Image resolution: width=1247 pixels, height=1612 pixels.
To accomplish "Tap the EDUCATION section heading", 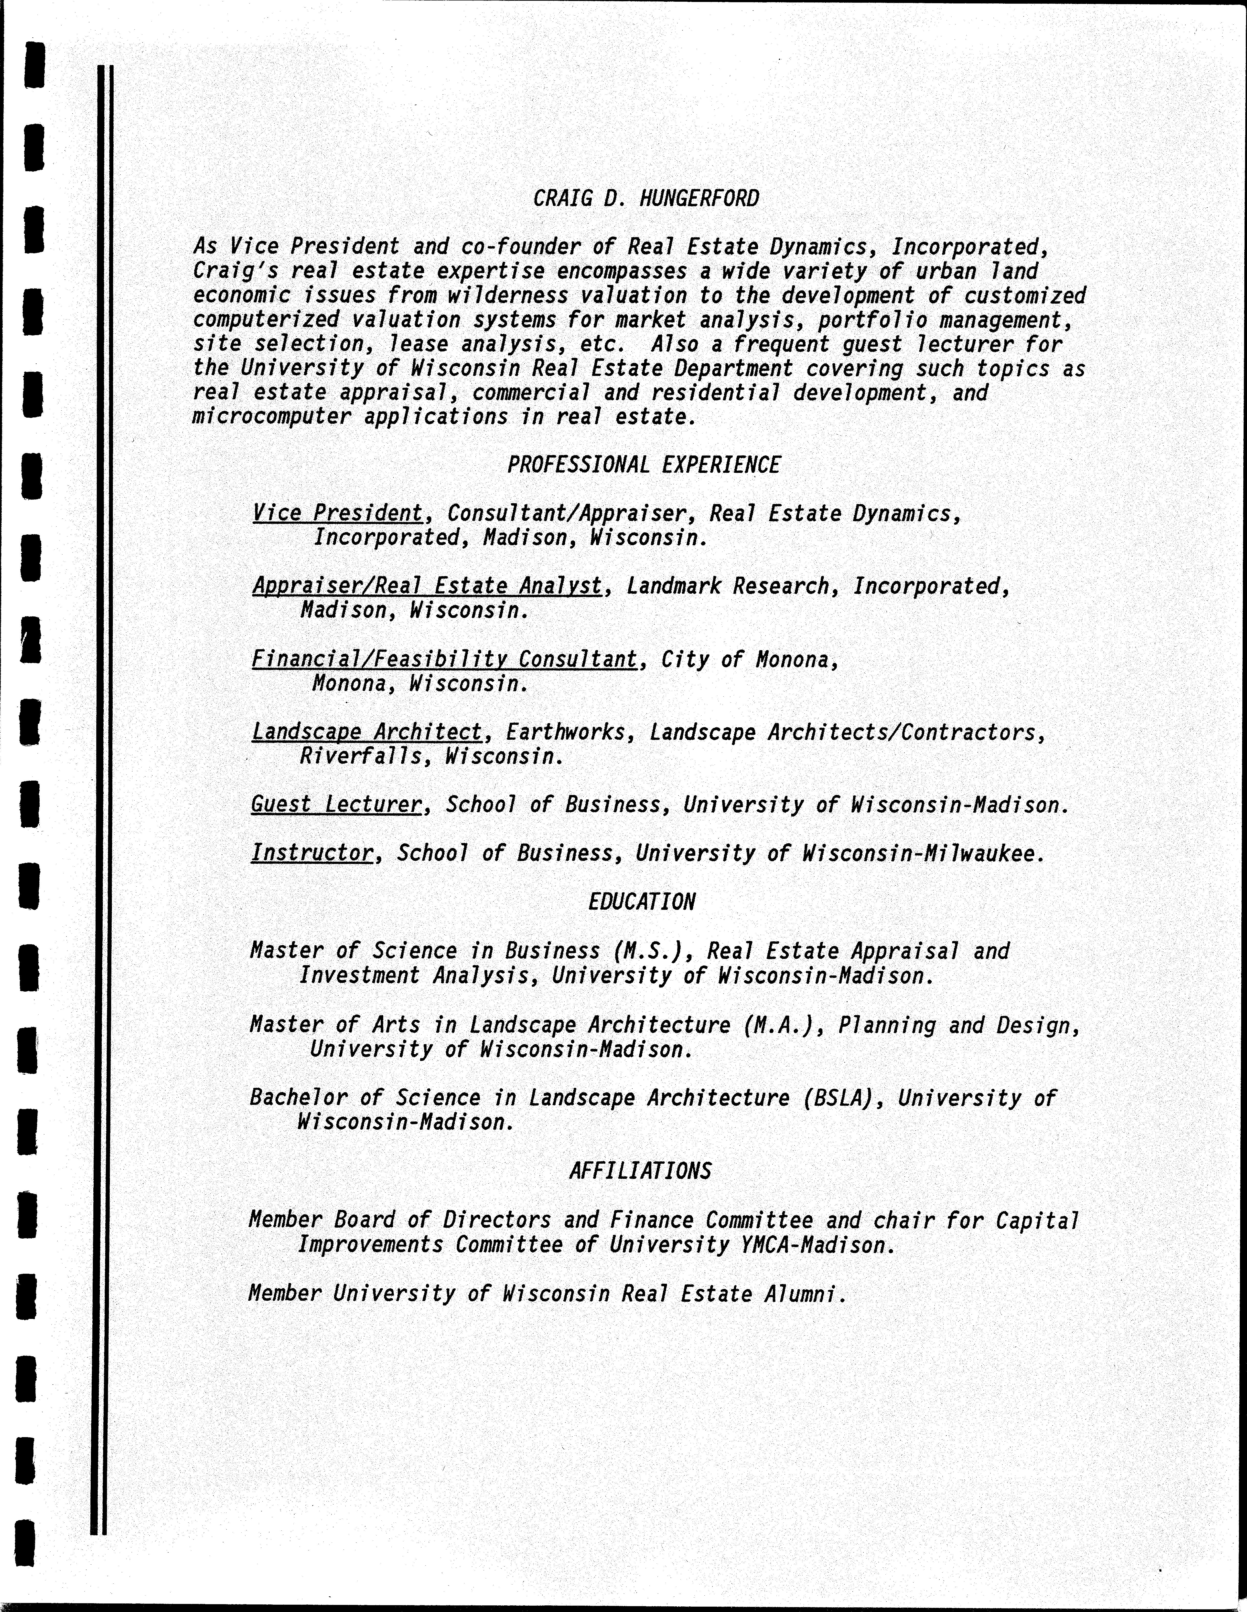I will coord(642,902).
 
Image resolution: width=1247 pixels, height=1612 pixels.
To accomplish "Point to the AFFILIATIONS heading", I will coord(640,1171).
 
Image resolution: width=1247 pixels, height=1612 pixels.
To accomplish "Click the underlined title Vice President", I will coord(337,513).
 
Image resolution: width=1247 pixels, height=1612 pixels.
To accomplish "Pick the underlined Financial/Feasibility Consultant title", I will coord(444,659).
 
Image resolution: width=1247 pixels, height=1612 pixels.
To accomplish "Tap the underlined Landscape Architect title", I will coord(367,732).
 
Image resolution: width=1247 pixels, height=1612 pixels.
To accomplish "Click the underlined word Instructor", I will coord(312,853).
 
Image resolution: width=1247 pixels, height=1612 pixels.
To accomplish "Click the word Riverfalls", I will coord(360,757).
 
